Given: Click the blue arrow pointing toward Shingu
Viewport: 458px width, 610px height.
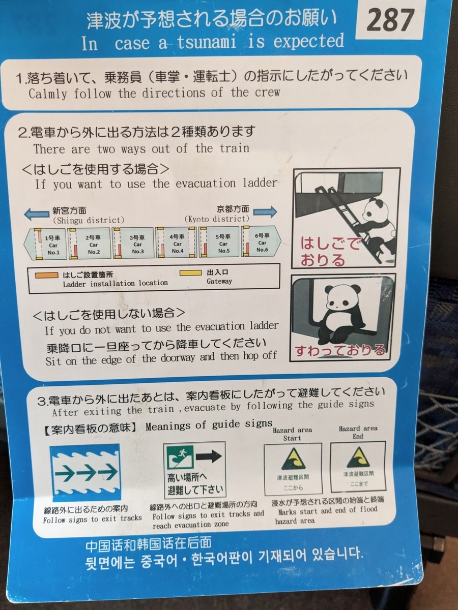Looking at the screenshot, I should click(x=37, y=215).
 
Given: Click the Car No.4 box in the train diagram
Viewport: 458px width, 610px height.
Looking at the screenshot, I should click(x=176, y=243).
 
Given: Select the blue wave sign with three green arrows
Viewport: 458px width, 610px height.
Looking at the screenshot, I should click(x=86, y=472).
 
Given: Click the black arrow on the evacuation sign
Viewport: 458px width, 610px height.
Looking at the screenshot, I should click(x=208, y=456).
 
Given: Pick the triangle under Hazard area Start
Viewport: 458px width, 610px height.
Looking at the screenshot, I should click(x=292, y=460).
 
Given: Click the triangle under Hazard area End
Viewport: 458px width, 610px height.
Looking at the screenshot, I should click(x=358, y=457).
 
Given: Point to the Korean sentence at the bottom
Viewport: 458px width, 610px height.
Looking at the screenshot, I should click(x=224, y=554).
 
